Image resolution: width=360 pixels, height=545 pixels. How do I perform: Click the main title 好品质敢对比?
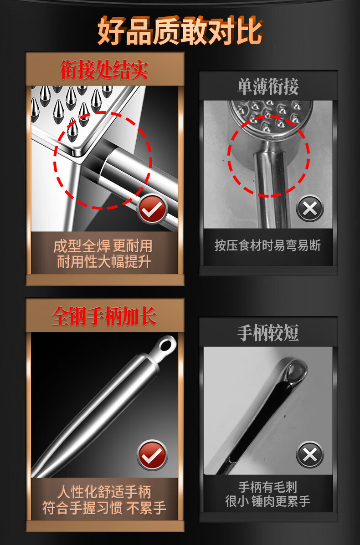click(180, 31)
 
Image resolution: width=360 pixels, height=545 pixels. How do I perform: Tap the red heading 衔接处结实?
click(104, 70)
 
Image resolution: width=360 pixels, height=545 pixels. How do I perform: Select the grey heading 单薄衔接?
click(268, 86)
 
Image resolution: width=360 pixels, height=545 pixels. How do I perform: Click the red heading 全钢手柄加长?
click(104, 316)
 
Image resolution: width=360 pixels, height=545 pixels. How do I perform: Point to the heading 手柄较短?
click(268, 332)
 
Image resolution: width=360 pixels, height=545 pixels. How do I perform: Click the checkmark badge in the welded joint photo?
click(152, 209)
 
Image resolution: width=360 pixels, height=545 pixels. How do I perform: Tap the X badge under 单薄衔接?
click(310, 209)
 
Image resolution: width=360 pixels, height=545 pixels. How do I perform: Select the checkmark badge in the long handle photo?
click(152, 455)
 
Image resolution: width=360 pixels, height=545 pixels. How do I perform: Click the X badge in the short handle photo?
click(310, 455)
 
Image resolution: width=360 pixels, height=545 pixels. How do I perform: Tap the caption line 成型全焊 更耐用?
click(103, 246)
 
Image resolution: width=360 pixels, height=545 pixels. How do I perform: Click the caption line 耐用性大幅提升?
click(103, 262)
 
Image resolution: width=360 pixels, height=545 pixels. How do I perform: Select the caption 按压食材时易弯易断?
click(268, 245)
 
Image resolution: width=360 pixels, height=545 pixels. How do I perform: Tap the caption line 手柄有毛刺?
click(268, 487)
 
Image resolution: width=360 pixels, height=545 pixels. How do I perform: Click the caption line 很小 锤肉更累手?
click(268, 501)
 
